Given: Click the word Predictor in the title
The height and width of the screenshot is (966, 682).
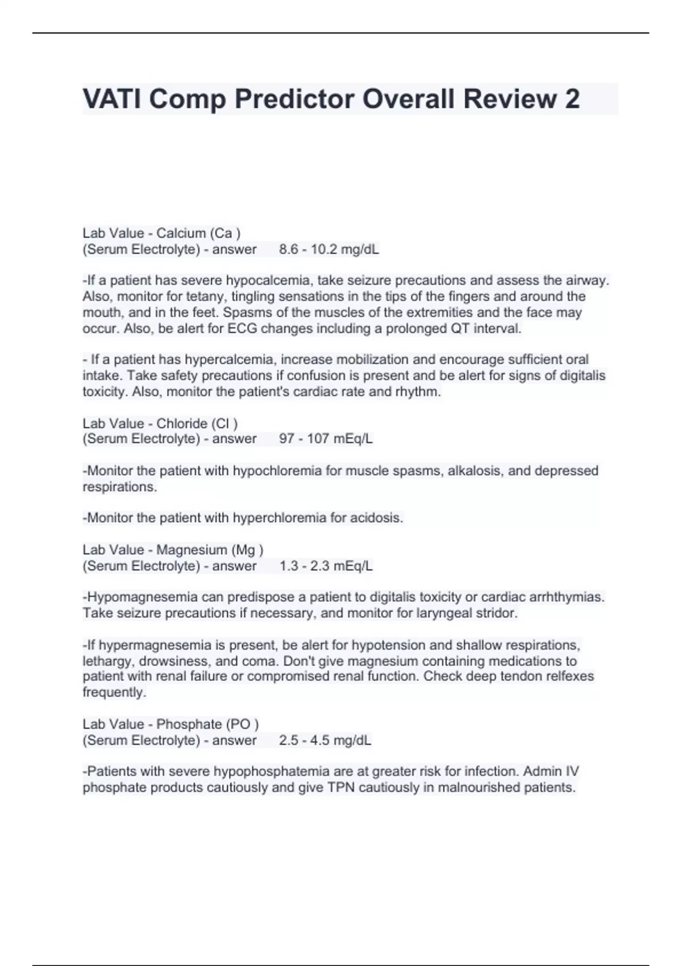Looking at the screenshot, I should coord(294,99).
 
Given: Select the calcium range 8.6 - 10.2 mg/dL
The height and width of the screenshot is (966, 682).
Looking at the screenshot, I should coord(329,249).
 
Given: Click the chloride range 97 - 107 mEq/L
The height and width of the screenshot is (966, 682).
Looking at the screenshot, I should coord(326,439).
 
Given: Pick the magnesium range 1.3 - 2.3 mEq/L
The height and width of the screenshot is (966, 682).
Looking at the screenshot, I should coord(326,566).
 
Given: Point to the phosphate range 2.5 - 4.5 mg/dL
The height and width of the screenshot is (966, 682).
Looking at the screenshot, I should coord(325,740).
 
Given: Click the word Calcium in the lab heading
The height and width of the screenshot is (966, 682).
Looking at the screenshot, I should coord(181,234).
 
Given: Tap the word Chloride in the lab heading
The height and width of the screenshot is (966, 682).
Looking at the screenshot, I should coord(182,423).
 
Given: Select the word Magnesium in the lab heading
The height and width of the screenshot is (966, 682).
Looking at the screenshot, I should coord(192,550).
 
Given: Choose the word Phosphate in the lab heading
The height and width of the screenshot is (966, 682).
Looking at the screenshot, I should coord(189,724).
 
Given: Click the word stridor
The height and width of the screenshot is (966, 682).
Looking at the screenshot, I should coord(497,613).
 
